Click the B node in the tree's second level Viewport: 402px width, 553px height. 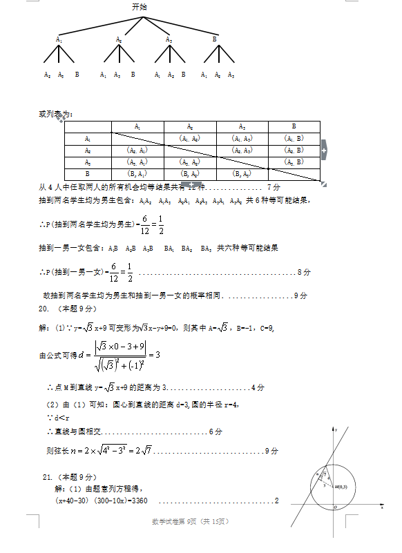coord(215,39)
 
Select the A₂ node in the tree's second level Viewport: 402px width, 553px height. coord(119,39)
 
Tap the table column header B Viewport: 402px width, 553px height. coord(294,126)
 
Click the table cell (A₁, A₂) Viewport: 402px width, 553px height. coord(189,138)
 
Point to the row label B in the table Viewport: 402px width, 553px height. coord(87,174)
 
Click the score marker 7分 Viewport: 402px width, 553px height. coord(274,187)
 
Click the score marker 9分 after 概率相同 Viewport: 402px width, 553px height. coord(300,295)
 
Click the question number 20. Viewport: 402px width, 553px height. coord(44,308)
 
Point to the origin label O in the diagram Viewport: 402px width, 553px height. coord(335,507)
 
